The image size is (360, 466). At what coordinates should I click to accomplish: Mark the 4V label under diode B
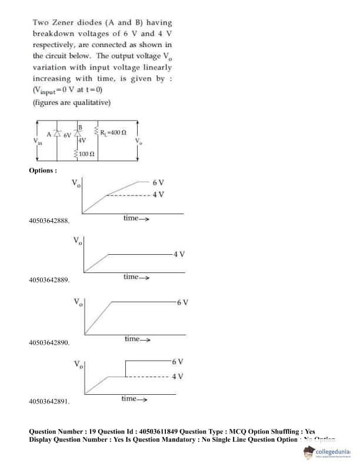(82, 141)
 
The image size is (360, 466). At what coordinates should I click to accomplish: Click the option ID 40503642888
(49, 221)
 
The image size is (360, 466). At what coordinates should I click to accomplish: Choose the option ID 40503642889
(49, 280)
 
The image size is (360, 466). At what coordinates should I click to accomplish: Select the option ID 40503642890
(49, 342)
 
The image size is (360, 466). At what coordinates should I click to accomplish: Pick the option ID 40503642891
(49, 402)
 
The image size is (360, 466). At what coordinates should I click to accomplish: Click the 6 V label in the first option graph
(158, 183)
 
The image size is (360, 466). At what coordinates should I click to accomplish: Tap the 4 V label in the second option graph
(179, 254)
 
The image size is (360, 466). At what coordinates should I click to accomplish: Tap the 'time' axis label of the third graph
(134, 338)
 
